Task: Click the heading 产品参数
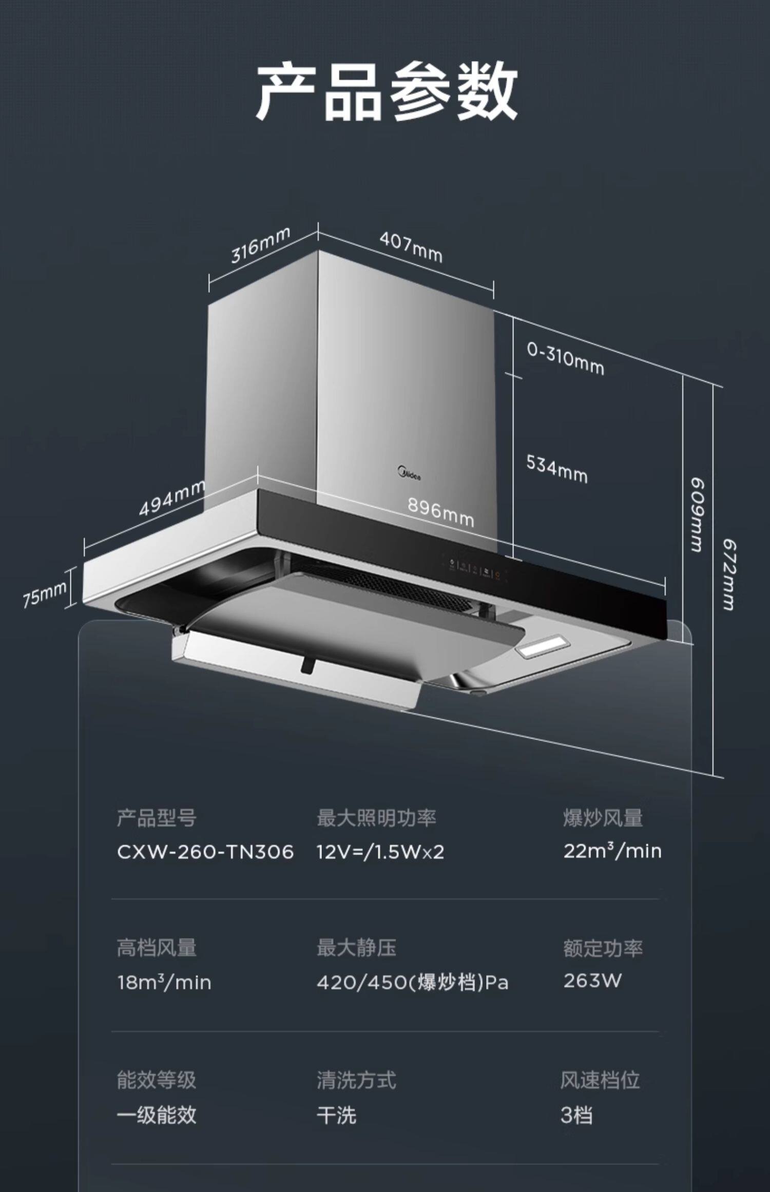coord(386,91)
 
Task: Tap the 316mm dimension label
coord(260,245)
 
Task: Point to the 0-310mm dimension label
coord(565,359)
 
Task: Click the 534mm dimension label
coord(557,469)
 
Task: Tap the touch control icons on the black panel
coord(475,568)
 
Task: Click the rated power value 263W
coord(592,981)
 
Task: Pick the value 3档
coord(576,1115)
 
